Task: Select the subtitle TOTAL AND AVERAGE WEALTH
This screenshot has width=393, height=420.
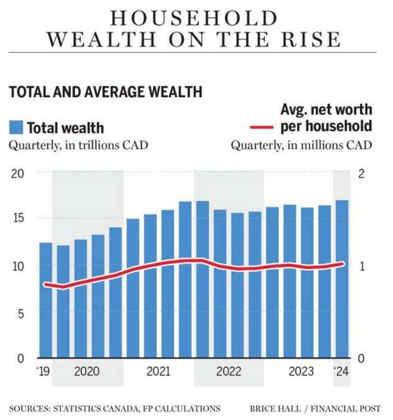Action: coord(106,92)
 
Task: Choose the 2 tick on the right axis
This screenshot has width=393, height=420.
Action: coord(362,173)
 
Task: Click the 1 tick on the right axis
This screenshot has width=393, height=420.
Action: coord(362,266)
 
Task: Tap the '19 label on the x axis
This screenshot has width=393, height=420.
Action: coord(44,371)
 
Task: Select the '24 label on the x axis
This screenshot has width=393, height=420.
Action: coord(341,371)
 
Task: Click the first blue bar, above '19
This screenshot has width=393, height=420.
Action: coord(45,300)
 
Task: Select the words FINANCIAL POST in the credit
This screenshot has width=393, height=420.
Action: coord(346,408)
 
